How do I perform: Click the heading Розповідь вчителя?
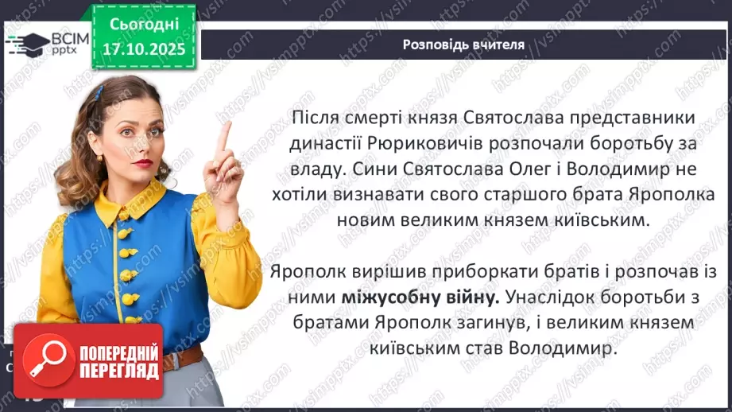(x=463, y=45)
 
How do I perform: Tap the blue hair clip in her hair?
(x=98, y=93)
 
